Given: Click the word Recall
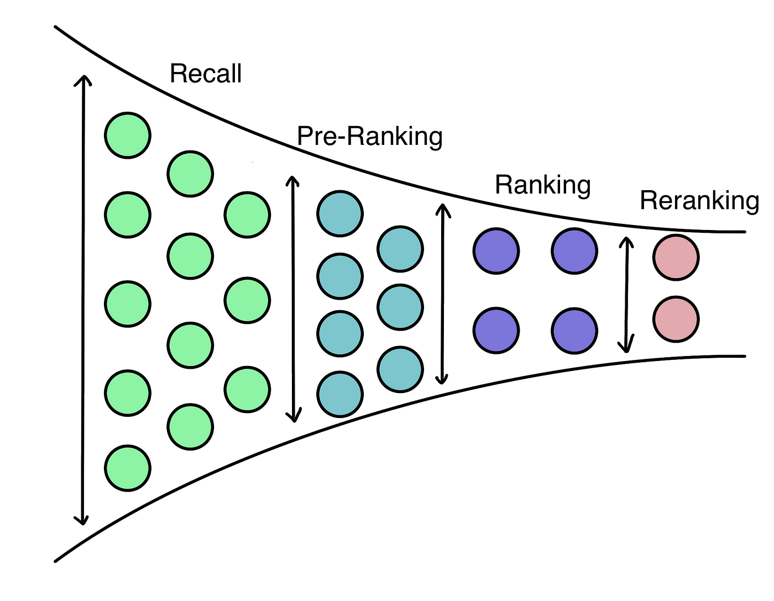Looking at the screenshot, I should click(206, 74).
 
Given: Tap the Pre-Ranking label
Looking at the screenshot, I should click(370, 136).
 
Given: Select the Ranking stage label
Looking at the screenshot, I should click(543, 185).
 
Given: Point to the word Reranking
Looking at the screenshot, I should click(699, 200).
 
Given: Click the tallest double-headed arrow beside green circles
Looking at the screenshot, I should click(83, 299).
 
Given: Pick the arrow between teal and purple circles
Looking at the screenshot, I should click(442, 293).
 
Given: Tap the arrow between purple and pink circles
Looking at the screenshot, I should click(626, 294).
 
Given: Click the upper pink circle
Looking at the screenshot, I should click(676, 258).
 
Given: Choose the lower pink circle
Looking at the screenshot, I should click(676, 319).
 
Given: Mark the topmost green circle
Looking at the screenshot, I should click(128, 135).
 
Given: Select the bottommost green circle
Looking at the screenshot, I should click(128, 468).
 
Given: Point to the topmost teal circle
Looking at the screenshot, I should click(340, 213).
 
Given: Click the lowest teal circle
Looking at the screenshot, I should click(340, 394).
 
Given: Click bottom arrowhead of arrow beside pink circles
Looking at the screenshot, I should click(626, 348).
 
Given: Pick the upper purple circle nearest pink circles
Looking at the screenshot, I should click(574, 251).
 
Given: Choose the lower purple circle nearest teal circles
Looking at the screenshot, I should click(496, 331).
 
